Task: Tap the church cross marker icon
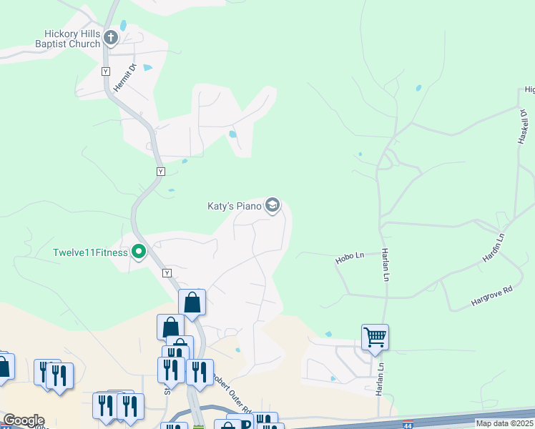click(x=110, y=37)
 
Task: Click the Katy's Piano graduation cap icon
click(x=272, y=206)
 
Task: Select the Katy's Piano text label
click(x=235, y=206)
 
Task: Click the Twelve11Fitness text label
click(x=90, y=252)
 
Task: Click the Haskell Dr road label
click(x=522, y=127)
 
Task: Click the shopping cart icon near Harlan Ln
click(x=375, y=335)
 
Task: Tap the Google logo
click(x=23, y=420)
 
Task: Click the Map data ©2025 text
click(x=505, y=423)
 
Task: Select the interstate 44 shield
click(x=407, y=424)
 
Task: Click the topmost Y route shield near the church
click(x=106, y=71)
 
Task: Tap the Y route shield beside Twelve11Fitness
click(x=167, y=273)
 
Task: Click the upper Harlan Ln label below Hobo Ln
click(x=386, y=265)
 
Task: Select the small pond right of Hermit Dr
click(x=147, y=68)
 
